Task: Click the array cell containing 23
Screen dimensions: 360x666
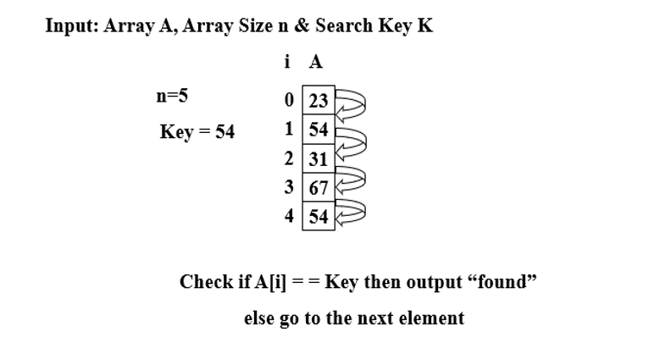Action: pos(319,101)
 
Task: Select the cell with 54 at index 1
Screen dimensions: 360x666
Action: pos(319,130)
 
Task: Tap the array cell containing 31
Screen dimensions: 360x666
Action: pos(319,159)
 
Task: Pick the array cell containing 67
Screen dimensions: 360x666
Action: pos(319,187)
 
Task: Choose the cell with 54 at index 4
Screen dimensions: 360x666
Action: pos(319,216)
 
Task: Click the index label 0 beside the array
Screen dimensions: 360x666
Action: pos(291,101)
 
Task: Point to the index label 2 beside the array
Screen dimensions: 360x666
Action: pos(290,159)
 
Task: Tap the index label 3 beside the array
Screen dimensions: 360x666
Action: pos(290,187)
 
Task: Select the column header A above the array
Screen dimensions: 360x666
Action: pos(316,62)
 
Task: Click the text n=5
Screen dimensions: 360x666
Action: pos(171,96)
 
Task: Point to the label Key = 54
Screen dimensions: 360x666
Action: pos(197,132)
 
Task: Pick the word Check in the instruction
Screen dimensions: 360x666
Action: pos(206,281)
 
